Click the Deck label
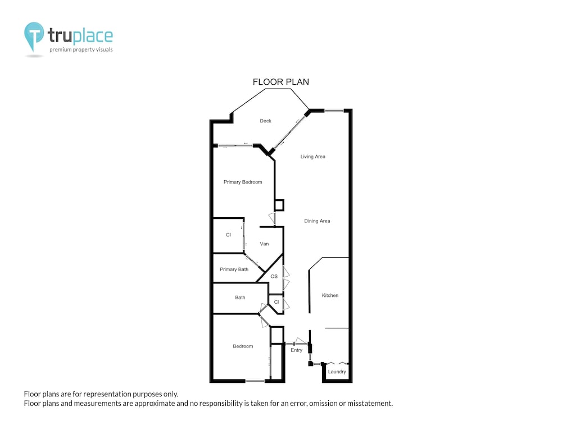tap(265, 121)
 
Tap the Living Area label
tap(312, 157)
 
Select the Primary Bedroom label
tap(243, 182)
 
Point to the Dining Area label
tap(317, 221)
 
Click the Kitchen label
tap(330, 295)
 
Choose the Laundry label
tap(337, 372)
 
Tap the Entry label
tap(296, 350)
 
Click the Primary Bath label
tap(234, 269)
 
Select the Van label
tap(264, 244)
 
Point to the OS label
tap(274, 276)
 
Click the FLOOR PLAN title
tap(280, 82)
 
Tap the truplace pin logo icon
tap(34, 36)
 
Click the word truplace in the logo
tap(80, 35)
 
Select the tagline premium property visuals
tap(81, 49)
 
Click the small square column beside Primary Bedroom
tap(279, 205)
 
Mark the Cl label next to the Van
tap(228, 235)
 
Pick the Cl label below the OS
tap(277, 302)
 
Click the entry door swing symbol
tap(300, 341)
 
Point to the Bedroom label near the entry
tap(243, 346)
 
